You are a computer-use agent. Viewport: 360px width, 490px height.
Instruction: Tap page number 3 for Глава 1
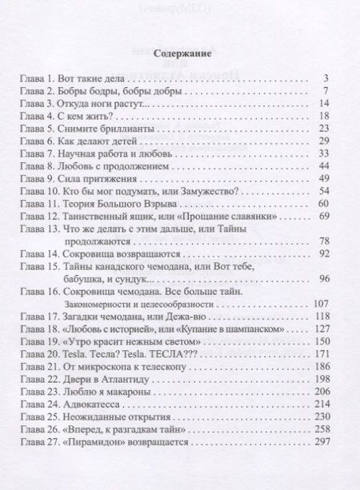click(x=327, y=78)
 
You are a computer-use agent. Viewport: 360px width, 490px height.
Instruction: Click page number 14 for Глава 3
click(x=325, y=104)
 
